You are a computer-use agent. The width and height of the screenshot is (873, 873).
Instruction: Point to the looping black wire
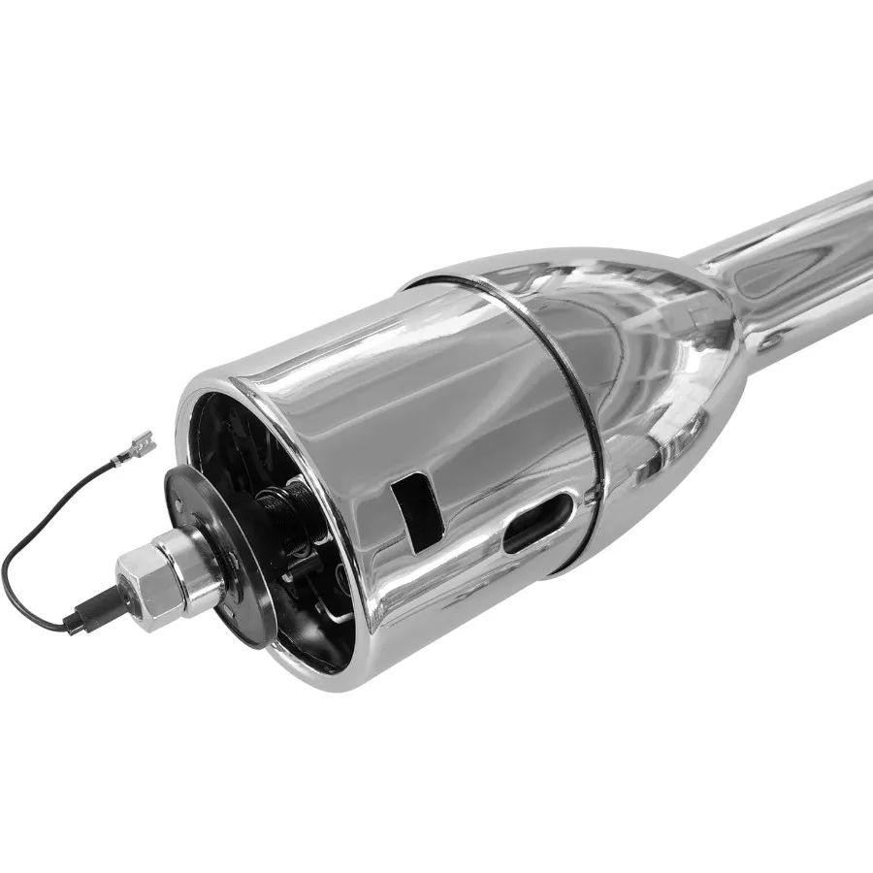tap(39, 543)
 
